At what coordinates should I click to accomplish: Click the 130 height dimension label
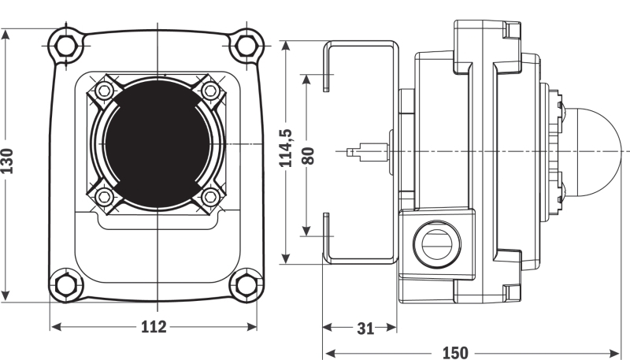pos(7,161)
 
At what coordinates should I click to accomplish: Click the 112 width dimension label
pos(154,327)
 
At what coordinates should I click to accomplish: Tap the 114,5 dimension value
pos(286,148)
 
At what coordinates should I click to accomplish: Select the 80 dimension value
pos(308,155)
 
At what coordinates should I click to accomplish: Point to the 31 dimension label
pos(365,328)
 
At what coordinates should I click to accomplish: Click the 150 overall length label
pos(455,353)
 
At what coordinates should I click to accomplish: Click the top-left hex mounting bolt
pos(66,46)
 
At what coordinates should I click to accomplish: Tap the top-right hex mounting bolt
pos(246,46)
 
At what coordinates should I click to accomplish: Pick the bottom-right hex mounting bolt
pos(246,285)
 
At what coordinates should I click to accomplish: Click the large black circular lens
pos(157,143)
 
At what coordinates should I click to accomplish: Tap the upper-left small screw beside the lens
pos(105,91)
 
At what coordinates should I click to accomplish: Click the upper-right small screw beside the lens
pos(210,91)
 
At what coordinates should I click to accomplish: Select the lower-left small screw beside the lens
pos(105,196)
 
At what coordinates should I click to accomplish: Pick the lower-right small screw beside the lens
pos(210,196)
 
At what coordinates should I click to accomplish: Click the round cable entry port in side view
pos(437,243)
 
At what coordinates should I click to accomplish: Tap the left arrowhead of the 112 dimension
pos(56,327)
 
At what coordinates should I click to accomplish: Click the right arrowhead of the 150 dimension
pos(616,353)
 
